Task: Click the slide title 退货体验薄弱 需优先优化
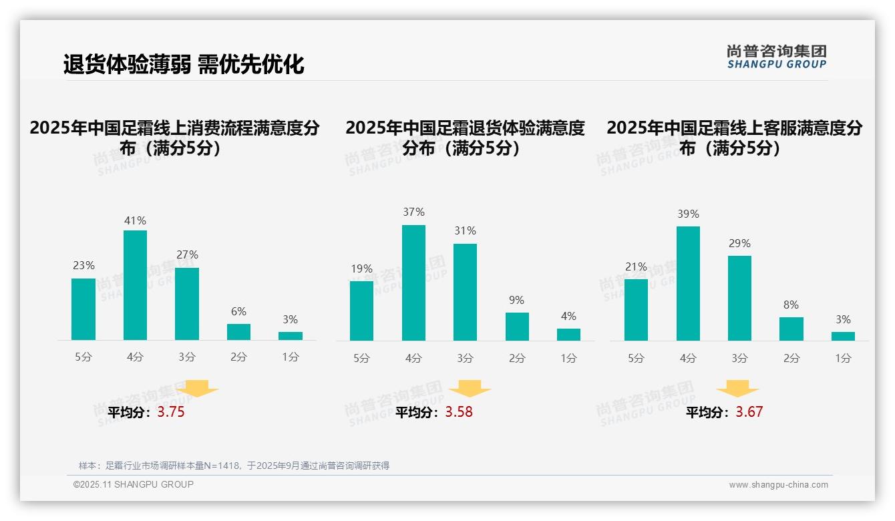tap(184, 64)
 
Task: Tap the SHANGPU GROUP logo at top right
tap(777, 57)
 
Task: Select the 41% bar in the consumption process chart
tap(135, 285)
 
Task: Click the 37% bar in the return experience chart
tap(413, 283)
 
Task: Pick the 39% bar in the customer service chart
tap(688, 283)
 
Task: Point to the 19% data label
tap(361, 269)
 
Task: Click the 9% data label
tap(516, 301)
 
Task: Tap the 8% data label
tap(791, 305)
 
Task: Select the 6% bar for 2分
tap(238, 332)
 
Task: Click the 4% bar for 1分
tap(568, 334)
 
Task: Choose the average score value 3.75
tap(171, 412)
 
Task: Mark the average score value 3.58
tap(459, 412)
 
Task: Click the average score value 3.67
tap(749, 412)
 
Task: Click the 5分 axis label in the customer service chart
tap(636, 358)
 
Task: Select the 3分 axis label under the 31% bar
tap(465, 358)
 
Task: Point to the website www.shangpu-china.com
tap(778, 485)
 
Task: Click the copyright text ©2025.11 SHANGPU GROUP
tap(134, 484)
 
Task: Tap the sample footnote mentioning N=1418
tap(234, 466)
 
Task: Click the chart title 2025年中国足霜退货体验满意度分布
tap(465, 137)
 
